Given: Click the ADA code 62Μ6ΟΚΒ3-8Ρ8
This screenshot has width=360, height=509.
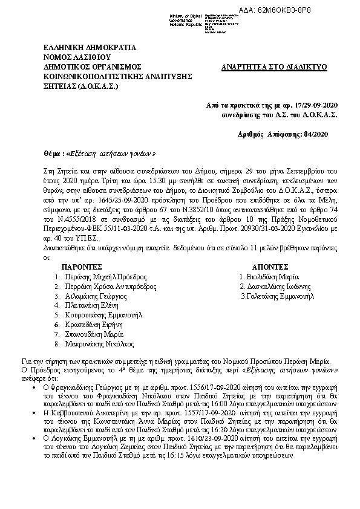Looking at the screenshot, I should tap(322, 10).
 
